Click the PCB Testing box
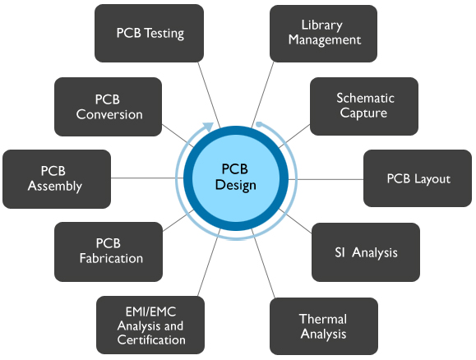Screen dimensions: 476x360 (149, 34)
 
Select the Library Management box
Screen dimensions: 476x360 (324, 34)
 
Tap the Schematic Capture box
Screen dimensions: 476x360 (364, 106)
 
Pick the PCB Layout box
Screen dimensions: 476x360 (418, 178)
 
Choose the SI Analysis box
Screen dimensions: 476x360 (366, 252)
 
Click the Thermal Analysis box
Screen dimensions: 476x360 (324, 326)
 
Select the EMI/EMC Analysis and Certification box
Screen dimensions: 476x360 (150, 325)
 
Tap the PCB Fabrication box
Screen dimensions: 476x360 (109, 252)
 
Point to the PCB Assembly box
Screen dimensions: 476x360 (57, 179)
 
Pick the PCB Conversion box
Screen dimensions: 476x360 (108, 107)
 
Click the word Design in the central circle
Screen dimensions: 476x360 (236, 186)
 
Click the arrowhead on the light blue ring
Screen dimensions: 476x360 (208, 127)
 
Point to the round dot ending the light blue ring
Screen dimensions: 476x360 (259, 124)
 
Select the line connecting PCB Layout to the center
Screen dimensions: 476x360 (326, 179)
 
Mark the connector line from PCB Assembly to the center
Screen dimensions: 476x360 (147, 178)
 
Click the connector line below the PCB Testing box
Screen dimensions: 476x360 (209, 95)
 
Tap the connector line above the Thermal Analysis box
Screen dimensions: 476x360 (264, 264)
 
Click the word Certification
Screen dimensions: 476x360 (151, 340)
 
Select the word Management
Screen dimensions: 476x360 (325, 40)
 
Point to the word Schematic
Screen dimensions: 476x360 (365, 99)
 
